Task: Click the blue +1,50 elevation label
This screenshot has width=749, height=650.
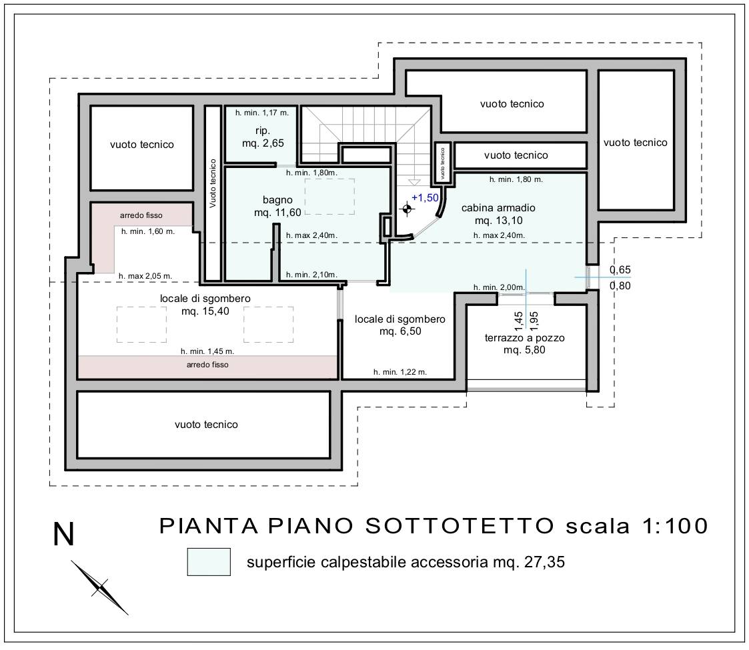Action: pos(425,198)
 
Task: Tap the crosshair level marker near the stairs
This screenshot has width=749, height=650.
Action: pos(406,209)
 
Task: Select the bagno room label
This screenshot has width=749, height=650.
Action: pos(277,200)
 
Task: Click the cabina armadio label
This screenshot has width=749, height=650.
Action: pos(498,208)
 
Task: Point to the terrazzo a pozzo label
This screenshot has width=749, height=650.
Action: pos(524,338)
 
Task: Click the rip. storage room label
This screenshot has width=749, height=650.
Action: pos(263,131)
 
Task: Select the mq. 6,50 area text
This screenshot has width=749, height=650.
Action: pos(400,331)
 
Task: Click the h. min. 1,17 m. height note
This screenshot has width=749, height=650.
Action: pos(262,113)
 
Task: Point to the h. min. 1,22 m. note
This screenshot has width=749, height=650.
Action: pos(400,372)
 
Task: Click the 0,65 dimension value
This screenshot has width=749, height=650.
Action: pos(620,270)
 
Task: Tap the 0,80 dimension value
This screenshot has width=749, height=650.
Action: pos(620,285)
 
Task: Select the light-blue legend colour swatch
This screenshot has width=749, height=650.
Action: pos(209,561)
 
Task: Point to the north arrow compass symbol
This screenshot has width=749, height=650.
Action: pos(100,587)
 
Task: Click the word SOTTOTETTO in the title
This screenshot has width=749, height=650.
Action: pos(459,526)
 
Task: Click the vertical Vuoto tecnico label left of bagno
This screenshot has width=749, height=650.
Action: pos(213,183)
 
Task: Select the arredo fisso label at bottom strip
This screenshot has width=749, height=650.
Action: pos(207,365)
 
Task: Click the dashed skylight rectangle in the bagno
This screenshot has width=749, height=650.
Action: pos(329,197)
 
